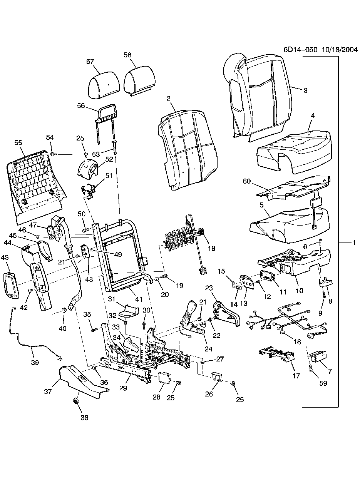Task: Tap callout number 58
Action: [x=127, y=55]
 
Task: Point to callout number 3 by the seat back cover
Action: [x=305, y=91]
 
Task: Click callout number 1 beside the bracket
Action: [x=353, y=243]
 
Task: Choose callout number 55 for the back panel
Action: [x=18, y=142]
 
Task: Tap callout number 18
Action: [x=211, y=249]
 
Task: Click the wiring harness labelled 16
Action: [x=289, y=319]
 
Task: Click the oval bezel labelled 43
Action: [x=11, y=285]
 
